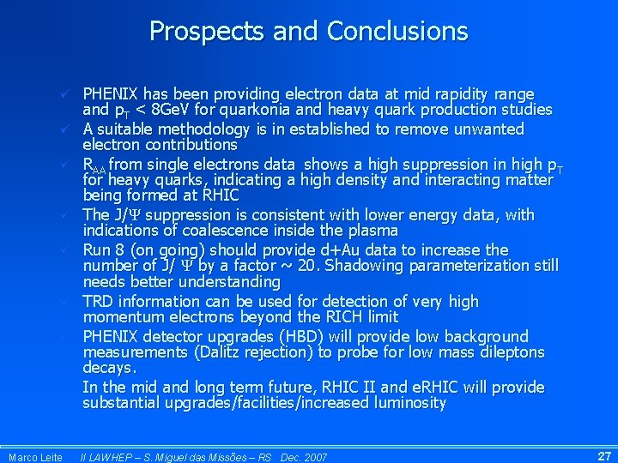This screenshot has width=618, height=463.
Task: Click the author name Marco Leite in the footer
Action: tap(35, 457)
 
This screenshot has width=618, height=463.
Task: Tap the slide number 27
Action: tap(603, 455)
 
